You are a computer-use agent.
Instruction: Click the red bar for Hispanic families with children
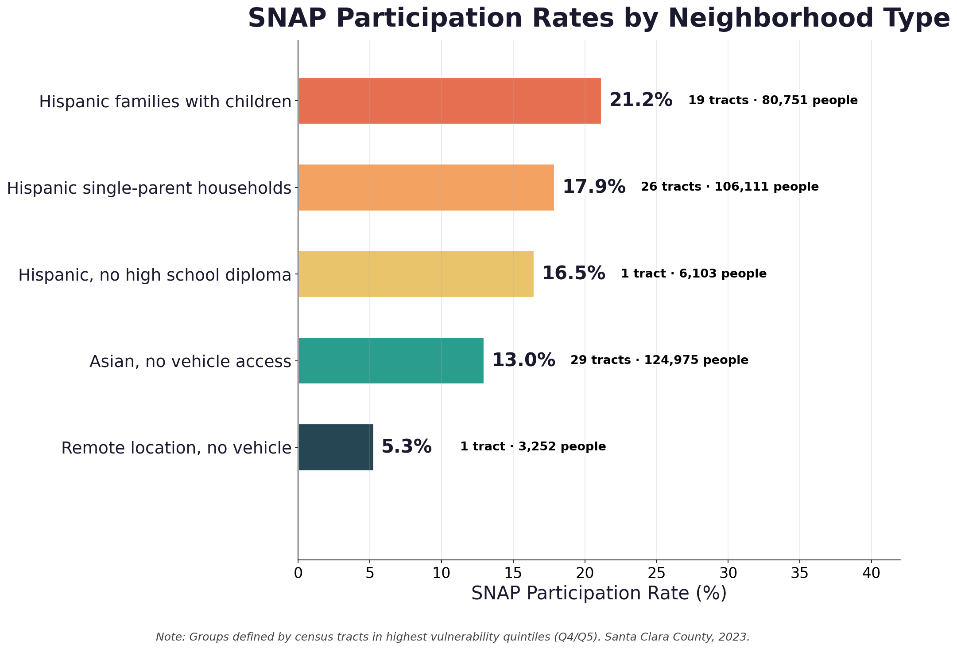click(x=449, y=101)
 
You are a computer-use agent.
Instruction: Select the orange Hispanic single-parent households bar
click(x=426, y=187)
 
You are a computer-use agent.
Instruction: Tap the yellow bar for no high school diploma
click(x=416, y=274)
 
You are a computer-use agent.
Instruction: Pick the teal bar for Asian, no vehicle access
click(x=391, y=360)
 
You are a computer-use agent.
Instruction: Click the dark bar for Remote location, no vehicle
click(x=336, y=447)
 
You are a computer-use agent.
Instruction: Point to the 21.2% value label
click(x=640, y=101)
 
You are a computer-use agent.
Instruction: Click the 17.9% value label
click(x=593, y=187)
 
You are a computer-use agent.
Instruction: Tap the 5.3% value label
click(x=406, y=447)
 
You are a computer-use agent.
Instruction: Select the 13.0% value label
click(x=523, y=360)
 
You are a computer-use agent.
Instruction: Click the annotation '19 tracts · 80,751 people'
click(x=772, y=101)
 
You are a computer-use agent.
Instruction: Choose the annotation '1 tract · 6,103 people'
click(x=693, y=274)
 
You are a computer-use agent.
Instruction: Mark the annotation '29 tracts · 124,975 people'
click(x=659, y=360)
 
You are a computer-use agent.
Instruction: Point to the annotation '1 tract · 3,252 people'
click(x=533, y=447)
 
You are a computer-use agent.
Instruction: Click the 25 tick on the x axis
click(x=656, y=574)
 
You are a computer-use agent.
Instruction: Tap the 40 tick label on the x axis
click(x=871, y=574)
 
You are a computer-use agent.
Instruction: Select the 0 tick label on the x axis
click(x=298, y=574)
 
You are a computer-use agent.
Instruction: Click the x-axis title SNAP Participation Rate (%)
click(x=599, y=594)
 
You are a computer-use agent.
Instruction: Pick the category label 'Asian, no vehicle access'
click(x=190, y=362)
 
